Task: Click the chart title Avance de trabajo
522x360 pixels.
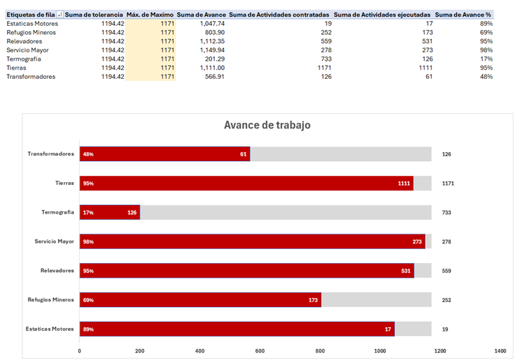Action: pos(267,125)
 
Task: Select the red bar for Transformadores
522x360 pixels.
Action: pos(164,153)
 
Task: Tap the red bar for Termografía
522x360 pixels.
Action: pos(110,212)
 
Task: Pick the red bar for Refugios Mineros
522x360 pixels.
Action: pos(200,300)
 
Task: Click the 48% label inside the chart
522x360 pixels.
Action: pos(88,154)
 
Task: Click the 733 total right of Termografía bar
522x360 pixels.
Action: pos(447,212)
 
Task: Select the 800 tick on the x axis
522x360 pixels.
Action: pos(320,350)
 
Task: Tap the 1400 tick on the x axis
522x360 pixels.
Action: pos(500,350)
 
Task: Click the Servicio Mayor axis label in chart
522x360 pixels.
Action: pos(54,241)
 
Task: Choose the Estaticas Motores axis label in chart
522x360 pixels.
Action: pos(50,329)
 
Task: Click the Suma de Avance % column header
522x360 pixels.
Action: pos(463,14)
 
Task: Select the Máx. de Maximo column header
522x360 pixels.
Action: pos(150,14)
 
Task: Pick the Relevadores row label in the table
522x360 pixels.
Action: pos(24,41)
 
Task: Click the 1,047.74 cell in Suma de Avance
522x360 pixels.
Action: pos(211,23)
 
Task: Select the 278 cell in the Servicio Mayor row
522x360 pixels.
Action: pos(326,50)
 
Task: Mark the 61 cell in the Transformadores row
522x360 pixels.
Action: pos(428,77)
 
